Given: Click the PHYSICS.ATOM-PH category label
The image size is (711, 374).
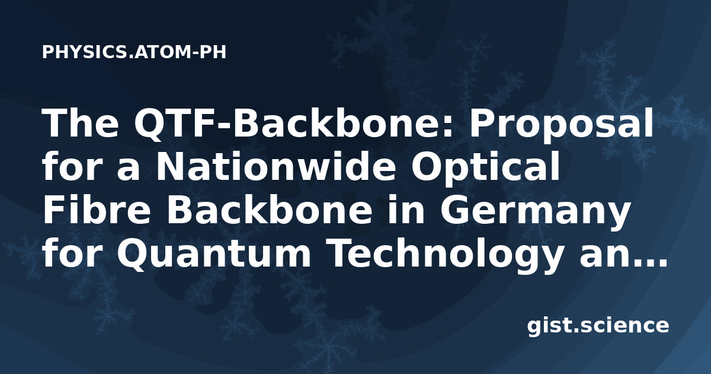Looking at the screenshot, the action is [x=134, y=52].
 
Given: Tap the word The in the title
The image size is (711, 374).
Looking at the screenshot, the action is [x=81, y=122].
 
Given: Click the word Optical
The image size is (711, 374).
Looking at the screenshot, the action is [x=486, y=169].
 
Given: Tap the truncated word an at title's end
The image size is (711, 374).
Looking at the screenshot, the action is [x=598, y=256].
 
